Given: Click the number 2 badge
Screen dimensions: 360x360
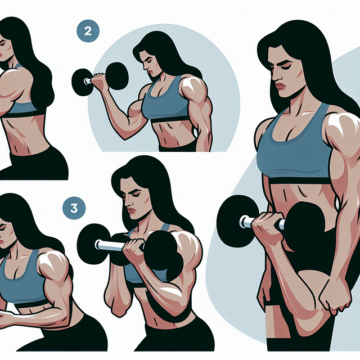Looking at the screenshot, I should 87,31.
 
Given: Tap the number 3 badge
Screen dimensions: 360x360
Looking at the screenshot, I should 74,208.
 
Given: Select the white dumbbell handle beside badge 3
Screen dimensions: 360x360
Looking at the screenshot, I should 110,245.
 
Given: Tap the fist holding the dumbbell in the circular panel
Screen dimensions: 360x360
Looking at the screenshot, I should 100,82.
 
